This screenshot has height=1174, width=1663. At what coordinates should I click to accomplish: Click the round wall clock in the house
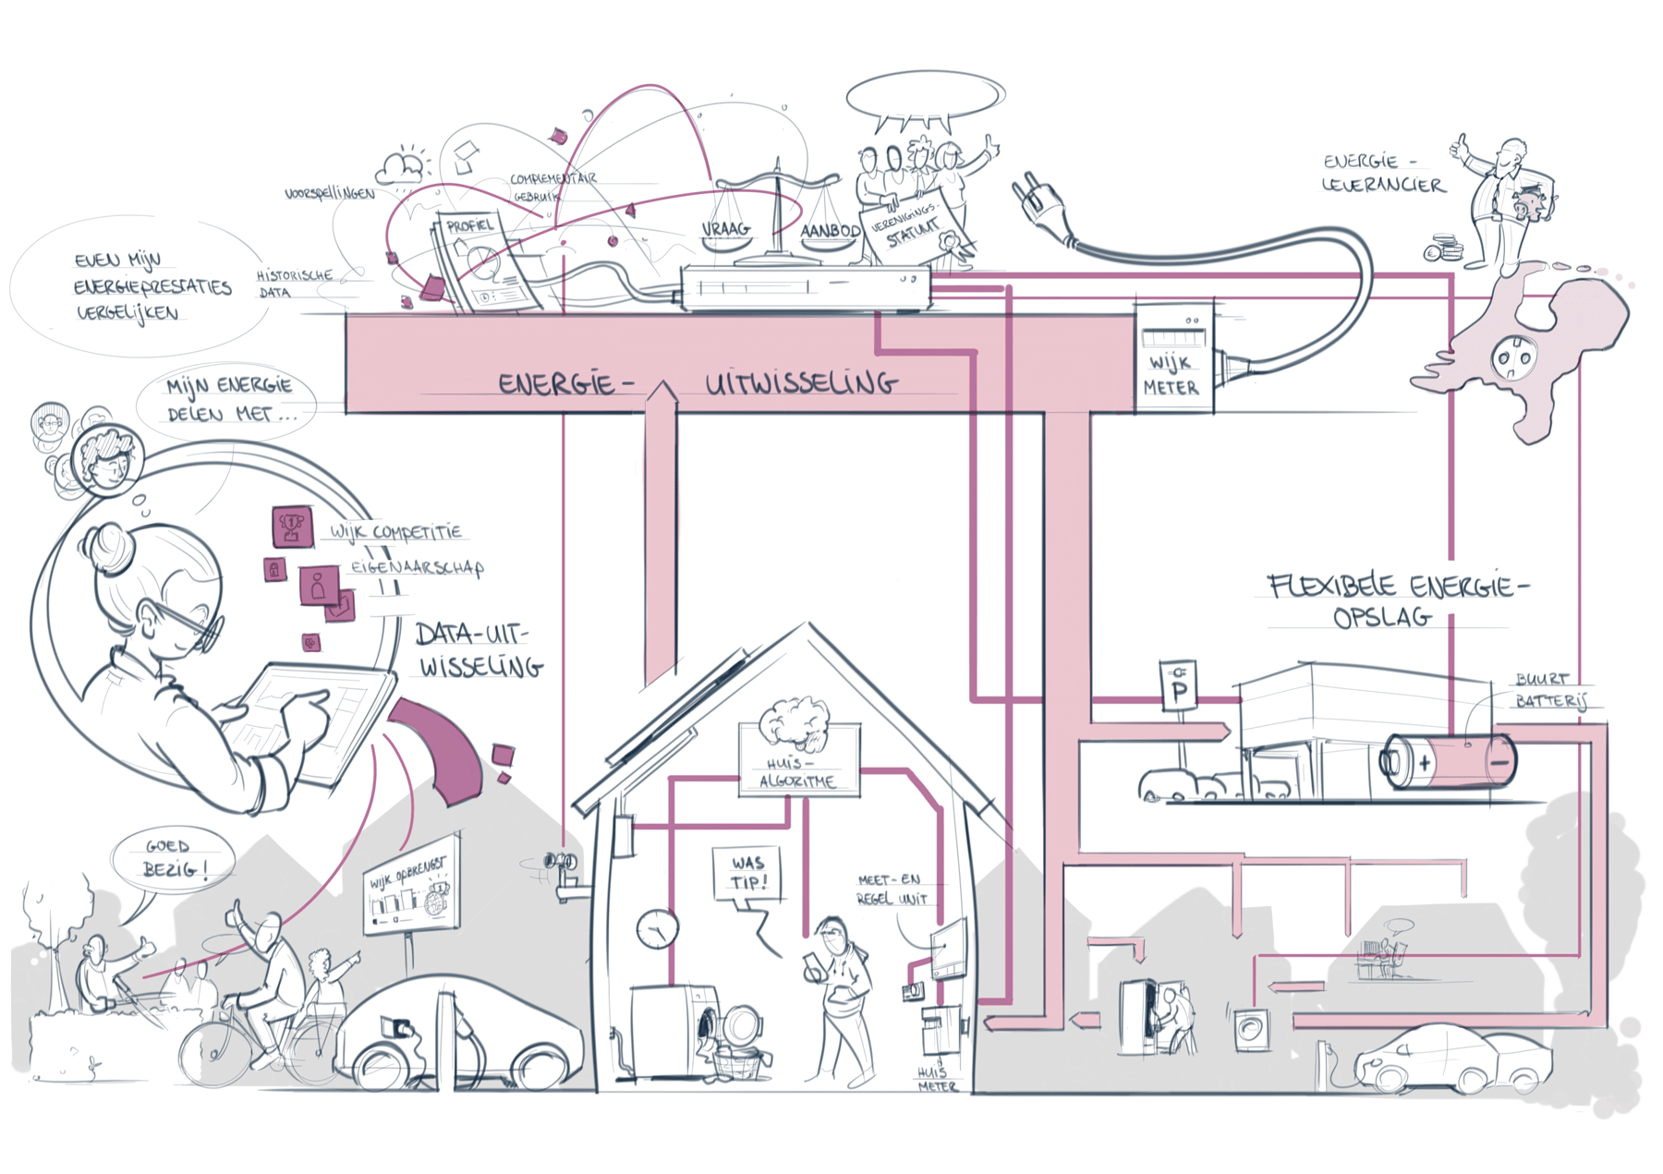pos(657,926)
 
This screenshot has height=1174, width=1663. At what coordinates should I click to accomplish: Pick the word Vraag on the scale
pos(725,229)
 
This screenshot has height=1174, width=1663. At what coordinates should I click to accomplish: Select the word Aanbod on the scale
pos(830,231)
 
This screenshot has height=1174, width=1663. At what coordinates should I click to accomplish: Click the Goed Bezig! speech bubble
pos(172,858)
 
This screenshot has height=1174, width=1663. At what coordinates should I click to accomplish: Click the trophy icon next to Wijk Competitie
pos(292,526)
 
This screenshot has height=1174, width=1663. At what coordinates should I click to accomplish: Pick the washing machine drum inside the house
pos(707,1025)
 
